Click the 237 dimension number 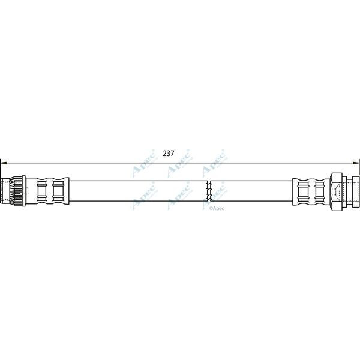169,153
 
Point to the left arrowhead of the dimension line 3,161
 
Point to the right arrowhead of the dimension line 357,161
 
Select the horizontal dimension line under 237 90,161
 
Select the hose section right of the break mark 252,191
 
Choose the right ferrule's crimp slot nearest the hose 304,191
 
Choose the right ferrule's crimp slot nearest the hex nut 319,191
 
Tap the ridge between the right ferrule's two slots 311,191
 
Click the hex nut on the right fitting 336,191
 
